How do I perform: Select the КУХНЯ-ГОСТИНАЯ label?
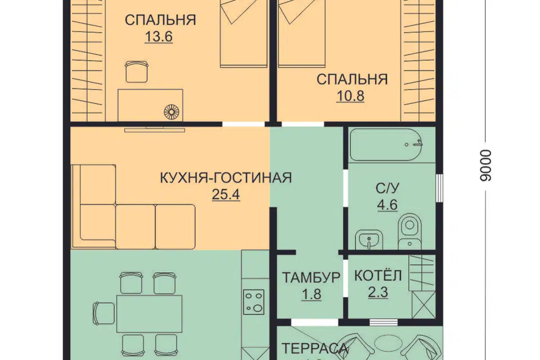226,178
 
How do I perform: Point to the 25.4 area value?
225,195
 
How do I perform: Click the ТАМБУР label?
311,277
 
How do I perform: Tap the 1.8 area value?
311,294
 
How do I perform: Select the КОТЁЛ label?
378,276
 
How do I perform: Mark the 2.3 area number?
378,292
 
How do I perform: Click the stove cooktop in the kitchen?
254,302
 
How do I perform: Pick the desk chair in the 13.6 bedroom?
136,71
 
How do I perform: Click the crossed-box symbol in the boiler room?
422,306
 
